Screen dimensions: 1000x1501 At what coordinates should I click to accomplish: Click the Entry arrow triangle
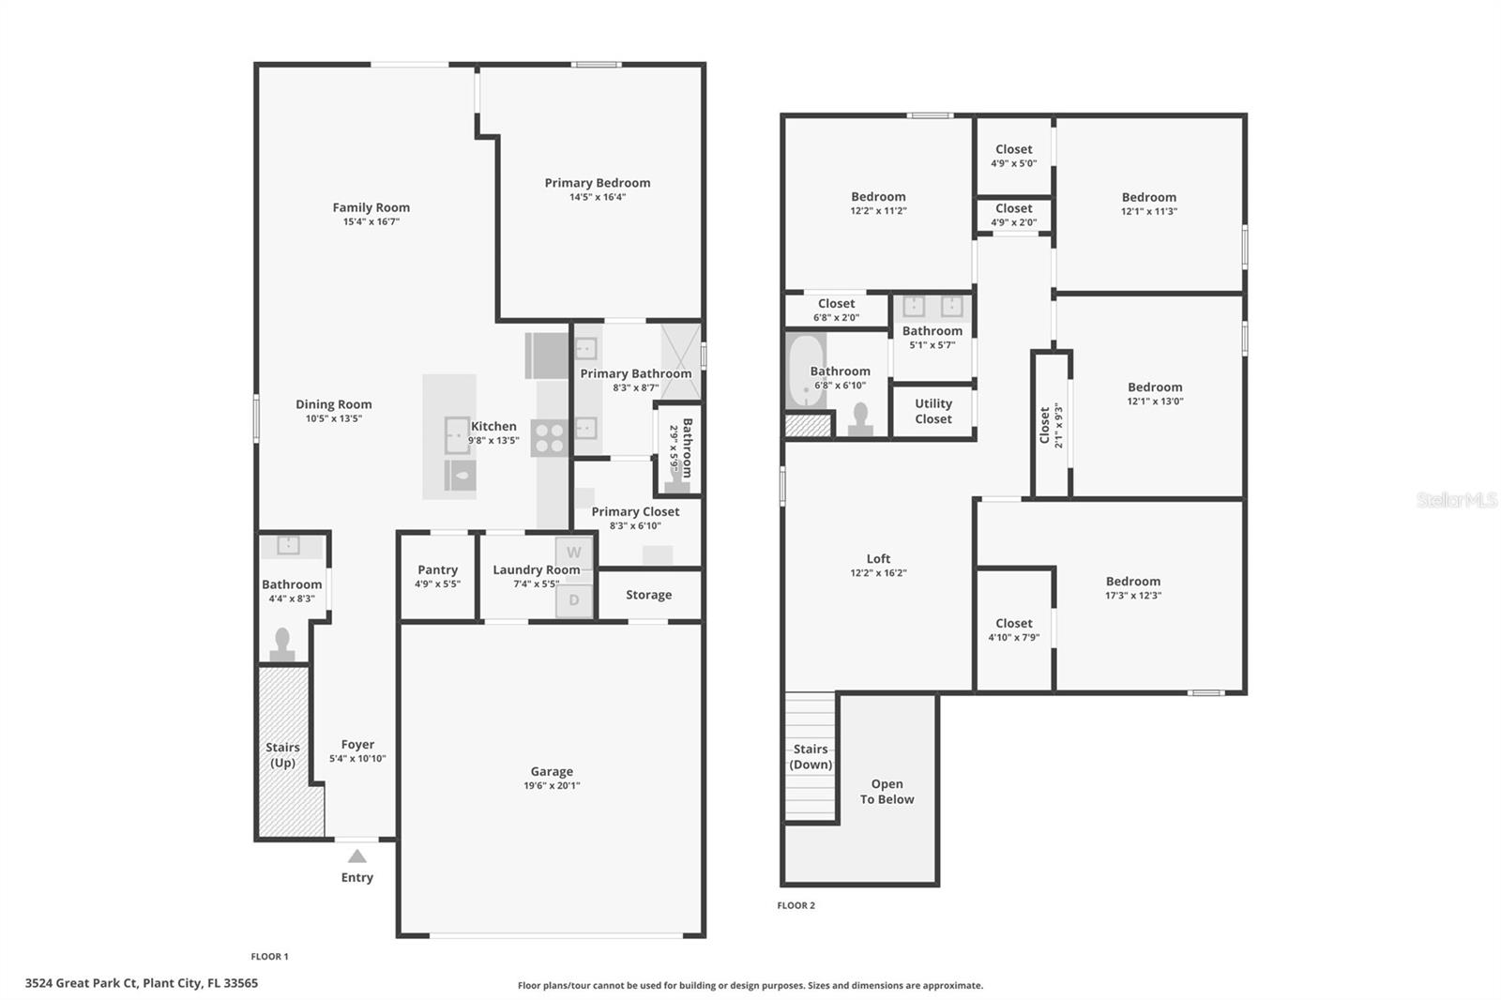coord(357,856)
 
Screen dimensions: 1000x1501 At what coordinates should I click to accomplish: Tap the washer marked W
coord(574,553)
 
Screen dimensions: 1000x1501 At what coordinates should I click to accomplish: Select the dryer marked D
coord(574,600)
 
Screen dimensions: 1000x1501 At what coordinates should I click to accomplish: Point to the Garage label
coord(552,771)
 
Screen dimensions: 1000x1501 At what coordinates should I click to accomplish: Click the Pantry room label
coord(437,569)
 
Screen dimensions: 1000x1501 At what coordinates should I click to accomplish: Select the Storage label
coord(648,595)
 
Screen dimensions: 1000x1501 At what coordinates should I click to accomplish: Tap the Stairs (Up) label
coord(282,755)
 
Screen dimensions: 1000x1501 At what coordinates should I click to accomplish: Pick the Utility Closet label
coord(933,411)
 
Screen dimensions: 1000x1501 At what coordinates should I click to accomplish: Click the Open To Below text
coord(887,792)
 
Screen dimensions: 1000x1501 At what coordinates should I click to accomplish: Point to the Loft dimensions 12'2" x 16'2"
coord(878,573)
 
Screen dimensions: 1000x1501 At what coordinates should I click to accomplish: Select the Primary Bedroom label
coord(598,183)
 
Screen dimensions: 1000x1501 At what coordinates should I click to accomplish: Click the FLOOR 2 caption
coord(796,905)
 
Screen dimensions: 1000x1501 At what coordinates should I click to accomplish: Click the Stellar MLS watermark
coord(1456,500)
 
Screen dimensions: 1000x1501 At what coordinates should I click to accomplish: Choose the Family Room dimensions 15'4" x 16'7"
coord(371,222)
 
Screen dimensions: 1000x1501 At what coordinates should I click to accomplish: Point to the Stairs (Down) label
coord(811,757)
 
